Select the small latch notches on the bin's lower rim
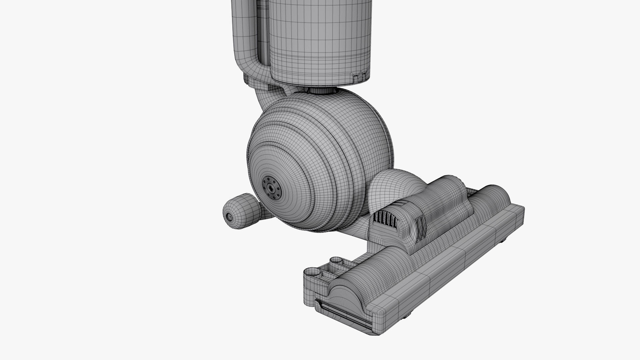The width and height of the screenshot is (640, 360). [359, 77]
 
